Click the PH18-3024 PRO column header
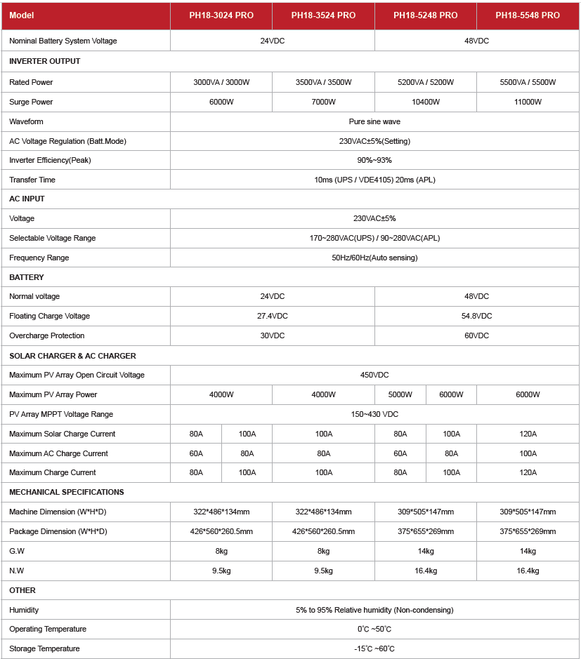click(221, 15)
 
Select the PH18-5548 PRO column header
click(528, 15)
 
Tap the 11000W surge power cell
click(528, 102)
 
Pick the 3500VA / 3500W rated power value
click(323, 82)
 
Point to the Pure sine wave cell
click(374, 121)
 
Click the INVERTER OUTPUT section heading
click(45, 61)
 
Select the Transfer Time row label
click(32, 180)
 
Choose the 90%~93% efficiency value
click(374, 160)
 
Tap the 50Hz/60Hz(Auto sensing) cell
click(374, 258)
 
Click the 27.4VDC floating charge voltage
click(272, 316)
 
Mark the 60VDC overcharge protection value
click(476, 335)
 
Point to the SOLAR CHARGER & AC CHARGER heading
click(72, 356)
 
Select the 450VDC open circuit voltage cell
click(374, 375)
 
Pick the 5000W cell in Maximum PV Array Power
click(400, 394)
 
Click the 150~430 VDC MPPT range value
click(374, 414)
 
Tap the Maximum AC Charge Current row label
click(58, 453)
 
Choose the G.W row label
click(17, 551)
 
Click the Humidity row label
click(24, 610)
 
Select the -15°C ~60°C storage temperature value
click(374, 648)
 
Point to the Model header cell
click(21, 15)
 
